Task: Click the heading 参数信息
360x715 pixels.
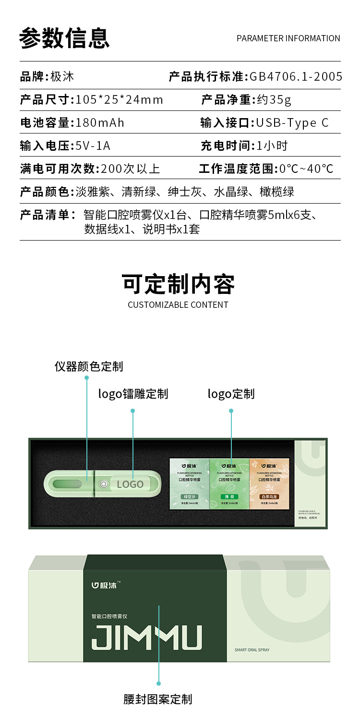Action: click(x=64, y=38)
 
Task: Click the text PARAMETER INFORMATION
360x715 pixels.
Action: click(x=288, y=38)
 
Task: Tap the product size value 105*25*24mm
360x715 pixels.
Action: click(x=120, y=100)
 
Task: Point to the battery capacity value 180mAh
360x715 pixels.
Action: click(x=100, y=123)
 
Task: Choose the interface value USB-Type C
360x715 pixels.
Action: click(x=292, y=123)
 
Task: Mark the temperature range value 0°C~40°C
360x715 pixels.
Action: click(x=306, y=169)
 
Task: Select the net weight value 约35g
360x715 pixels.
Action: click(x=274, y=100)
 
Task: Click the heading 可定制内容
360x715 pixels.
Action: click(x=178, y=284)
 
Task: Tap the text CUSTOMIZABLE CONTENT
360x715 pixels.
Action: click(x=178, y=305)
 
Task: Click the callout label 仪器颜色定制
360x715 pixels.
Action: click(x=89, y=367)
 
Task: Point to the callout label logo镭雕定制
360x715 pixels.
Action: click(x=133, y=394)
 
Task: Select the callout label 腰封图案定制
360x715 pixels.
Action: click(x=158, y=699)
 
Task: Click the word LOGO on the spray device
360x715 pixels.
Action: click(x=130, y=484)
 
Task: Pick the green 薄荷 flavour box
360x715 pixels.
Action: click(x=230, y=484)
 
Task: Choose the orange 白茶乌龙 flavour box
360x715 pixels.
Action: click(x=270, y=484)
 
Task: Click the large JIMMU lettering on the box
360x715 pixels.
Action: click(x=146, y=637)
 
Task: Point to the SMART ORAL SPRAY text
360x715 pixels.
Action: click(x=252, y=650)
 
